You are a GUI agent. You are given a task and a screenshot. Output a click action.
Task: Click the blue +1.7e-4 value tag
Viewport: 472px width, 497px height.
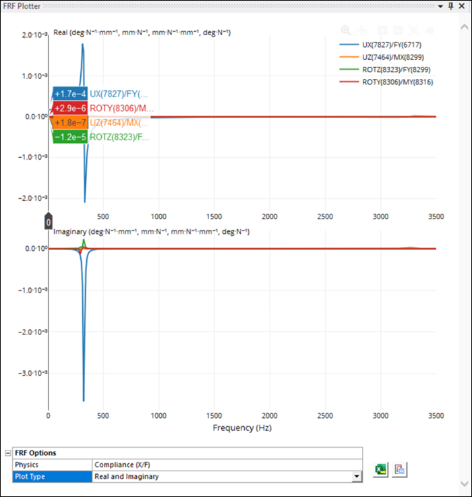pyautogui.click(x=69, y=94)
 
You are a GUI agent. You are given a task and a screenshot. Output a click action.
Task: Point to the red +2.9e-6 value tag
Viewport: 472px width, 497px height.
pyautogui.click(x=69, y=109)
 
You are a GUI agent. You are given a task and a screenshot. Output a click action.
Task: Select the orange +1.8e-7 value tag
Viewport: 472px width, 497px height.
pyautogui.click(x=69, y=123)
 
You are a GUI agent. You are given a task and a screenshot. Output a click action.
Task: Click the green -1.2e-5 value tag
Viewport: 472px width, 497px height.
pyautogui.click(x=69, y=137)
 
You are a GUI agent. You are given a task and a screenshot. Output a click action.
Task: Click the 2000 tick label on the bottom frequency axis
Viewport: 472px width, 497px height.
pyautogui.click(x=269, y=415)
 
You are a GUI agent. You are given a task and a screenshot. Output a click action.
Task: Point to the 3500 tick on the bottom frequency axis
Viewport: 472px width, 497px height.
pyautogui.click(x=436, y=415)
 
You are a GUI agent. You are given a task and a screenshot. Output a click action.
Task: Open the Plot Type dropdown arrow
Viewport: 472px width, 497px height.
pyautogui.click(x=357, y=477)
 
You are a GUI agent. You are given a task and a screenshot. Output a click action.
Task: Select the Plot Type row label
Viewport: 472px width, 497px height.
pyautogui.click(x=52, y=477)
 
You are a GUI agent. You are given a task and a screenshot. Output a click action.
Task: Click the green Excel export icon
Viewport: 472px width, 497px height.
pyautogui.click(x=382, y=470)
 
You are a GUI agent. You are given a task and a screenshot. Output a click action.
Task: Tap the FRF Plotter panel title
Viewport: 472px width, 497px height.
pyautogui.click(x=22, y=6)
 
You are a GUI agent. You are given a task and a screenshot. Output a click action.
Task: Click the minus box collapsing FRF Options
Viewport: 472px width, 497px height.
pyautogui.click(x=7, y=453)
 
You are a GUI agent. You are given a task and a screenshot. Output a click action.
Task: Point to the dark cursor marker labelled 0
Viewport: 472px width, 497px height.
pyautogui.click(x=49, y=221)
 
